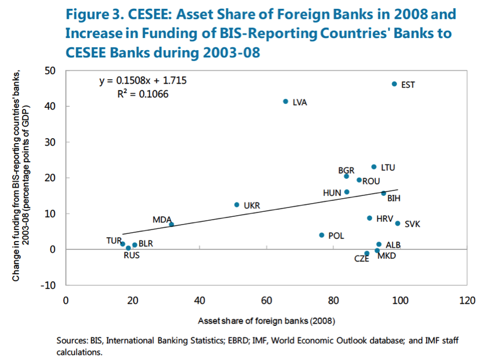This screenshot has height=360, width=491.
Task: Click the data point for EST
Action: point(394,84)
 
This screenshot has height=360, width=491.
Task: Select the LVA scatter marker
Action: point(286,101)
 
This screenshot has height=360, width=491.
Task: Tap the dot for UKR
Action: point(237,205)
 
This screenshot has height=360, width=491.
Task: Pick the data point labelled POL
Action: point(321,235)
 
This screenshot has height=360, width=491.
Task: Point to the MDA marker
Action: point(171,224)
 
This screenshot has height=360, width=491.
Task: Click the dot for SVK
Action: point(397,223)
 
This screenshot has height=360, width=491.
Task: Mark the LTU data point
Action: point(374,167)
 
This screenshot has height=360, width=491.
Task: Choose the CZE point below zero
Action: point(367,254)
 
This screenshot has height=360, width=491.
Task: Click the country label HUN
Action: point(332,193)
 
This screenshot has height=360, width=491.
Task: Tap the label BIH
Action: point(394,198)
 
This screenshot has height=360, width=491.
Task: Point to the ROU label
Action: point(371,181)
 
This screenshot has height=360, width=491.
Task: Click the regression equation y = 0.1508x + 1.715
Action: point(143,81)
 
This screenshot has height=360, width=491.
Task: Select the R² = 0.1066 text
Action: point(143,94)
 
